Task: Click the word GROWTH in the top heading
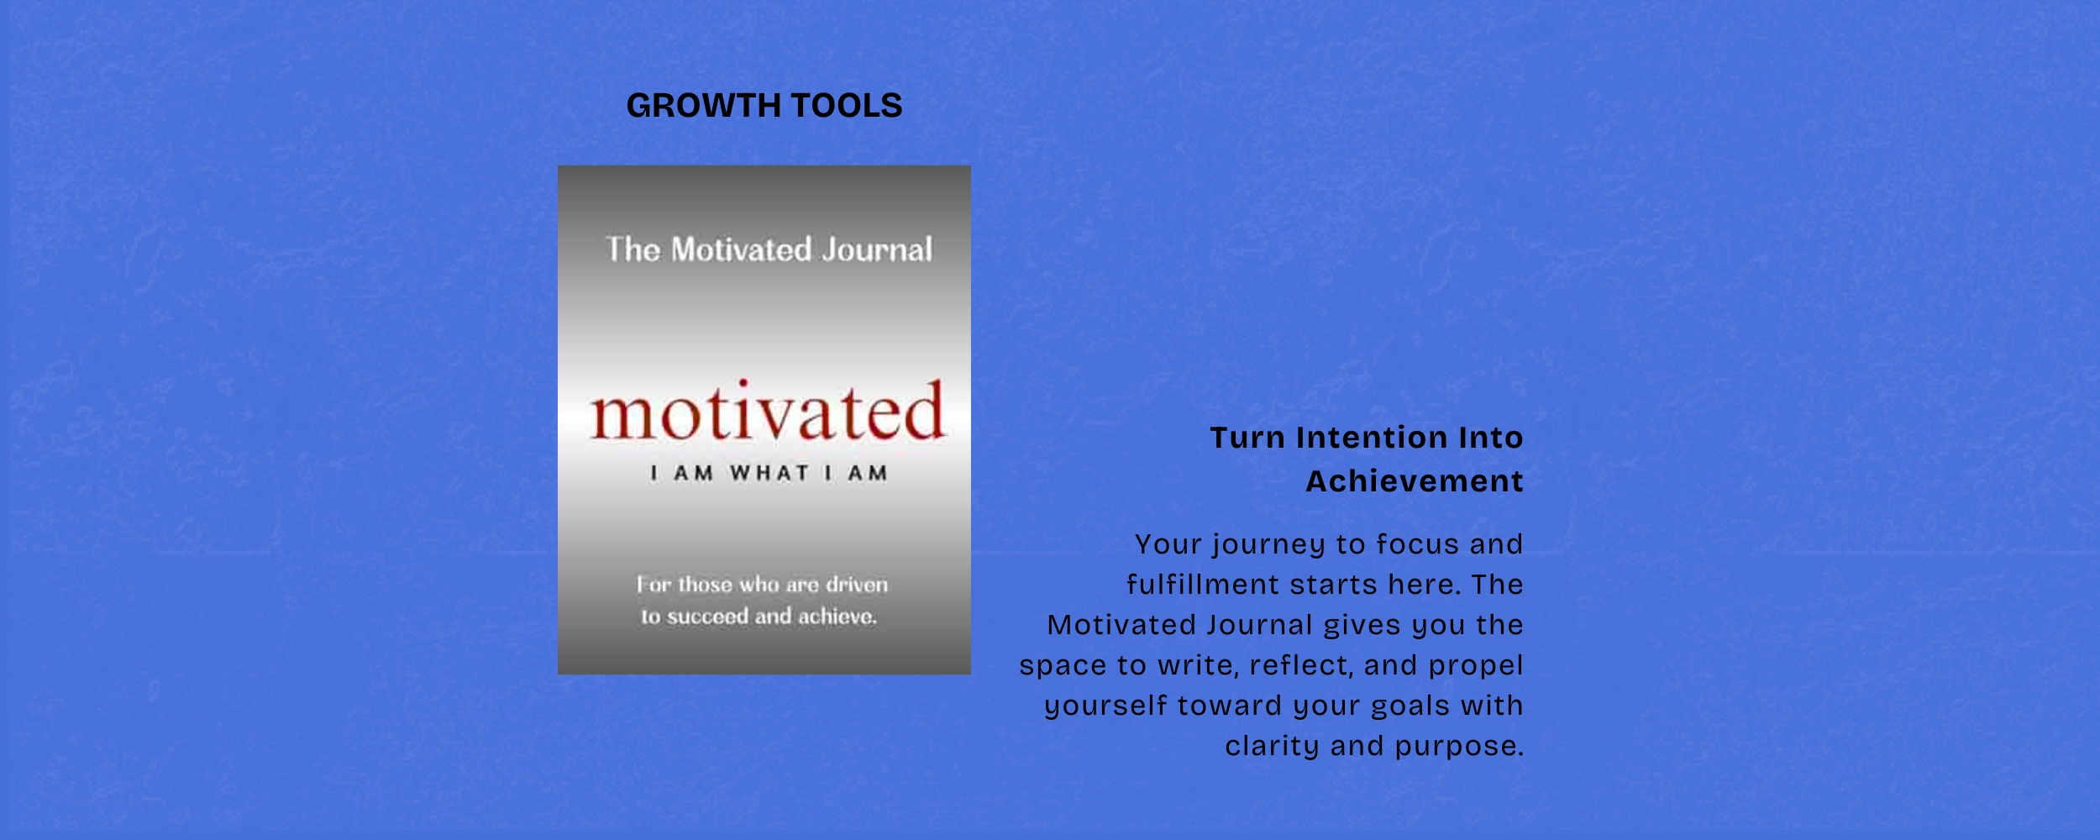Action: coord(704,106)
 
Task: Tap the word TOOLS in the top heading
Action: coord(847,106)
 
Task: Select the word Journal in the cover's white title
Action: coord(877,249)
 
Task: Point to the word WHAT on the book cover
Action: coord(769,473)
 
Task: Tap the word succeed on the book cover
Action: coord(706,617)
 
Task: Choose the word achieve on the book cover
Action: coord(837,617)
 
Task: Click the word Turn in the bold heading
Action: coord(1247,438)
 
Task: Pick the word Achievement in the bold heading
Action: coord(1415,481)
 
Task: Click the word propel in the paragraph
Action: coord(1476,666)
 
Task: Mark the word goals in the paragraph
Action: coord(1411,706)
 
